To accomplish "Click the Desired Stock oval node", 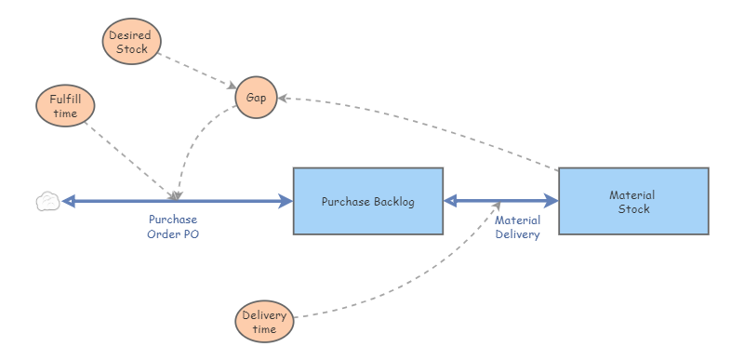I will point(131,43).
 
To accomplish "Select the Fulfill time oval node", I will point(65,106).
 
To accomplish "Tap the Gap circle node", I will point(256,97).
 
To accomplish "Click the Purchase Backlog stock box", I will point(367,201).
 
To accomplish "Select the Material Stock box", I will point(632,201).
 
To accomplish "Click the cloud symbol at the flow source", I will point(47,201).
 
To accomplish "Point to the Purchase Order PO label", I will point(173,227).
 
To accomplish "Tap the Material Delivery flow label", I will point(517,227).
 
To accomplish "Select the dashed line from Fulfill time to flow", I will point(130,158).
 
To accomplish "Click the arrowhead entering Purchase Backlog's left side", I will point(286,201).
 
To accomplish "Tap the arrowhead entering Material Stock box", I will point(551,201).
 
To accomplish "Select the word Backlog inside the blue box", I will point(392,201).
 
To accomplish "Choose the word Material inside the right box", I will point(632,194).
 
